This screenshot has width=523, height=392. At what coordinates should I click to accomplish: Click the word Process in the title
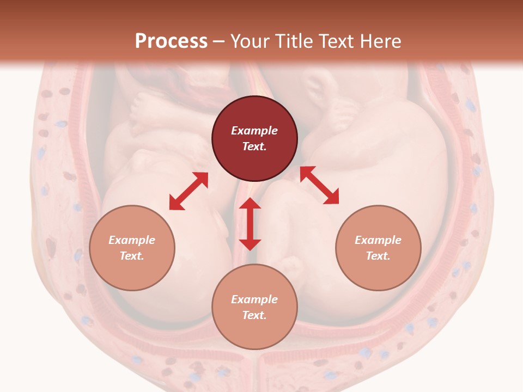pos(171,41)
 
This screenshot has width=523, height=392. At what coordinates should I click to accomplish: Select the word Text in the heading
pos(337,41)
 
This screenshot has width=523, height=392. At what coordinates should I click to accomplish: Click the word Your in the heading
pos(250,41)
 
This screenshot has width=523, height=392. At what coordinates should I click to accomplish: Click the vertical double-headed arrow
pos(250,224)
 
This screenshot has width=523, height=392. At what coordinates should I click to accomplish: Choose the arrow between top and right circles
pos(319,185)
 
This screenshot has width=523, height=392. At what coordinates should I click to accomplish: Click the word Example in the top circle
pos(254,131)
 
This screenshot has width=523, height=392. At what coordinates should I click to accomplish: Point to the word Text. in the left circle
pos(132,256)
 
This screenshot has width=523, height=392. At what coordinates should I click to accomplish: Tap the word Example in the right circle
pos(378,240)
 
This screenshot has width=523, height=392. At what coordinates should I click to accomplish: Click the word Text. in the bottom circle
pos(254,315)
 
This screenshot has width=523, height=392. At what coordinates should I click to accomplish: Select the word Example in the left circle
pos(132,240)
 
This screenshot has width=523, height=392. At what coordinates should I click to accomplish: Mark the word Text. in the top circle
pos(254,146)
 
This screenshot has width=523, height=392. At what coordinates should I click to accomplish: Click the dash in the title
pos(219,41)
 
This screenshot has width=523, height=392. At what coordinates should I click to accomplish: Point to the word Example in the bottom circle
pos(254,299)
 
